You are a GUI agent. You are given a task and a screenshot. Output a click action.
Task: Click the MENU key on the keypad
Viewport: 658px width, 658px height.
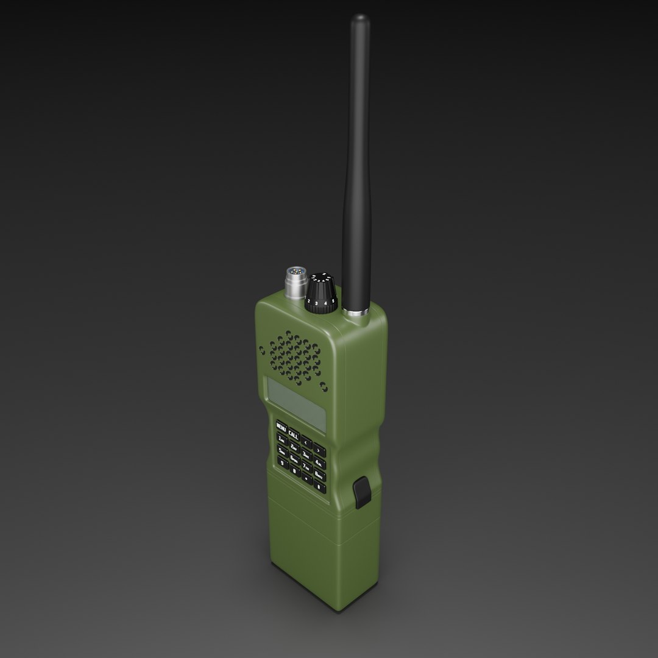coord(281,427)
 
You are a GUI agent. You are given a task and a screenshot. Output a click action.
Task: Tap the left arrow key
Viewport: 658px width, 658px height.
coord(306,442)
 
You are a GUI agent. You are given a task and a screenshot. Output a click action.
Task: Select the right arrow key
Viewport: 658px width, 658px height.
coord(319,451)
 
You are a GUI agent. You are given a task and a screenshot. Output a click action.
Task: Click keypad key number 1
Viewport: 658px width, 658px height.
coord(281,439)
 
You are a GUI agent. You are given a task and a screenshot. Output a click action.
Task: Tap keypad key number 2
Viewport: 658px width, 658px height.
coord(294,447)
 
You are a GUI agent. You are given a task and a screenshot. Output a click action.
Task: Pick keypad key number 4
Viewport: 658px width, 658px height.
coord(319,463)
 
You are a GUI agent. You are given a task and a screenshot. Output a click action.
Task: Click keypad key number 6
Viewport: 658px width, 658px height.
coord(294,459)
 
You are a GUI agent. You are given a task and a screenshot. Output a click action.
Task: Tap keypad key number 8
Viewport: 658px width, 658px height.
coord(319,475)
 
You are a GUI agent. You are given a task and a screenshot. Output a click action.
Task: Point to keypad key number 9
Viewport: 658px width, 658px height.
coord(282,462)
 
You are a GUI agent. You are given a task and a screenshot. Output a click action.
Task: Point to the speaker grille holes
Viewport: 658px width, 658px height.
coord(295,359)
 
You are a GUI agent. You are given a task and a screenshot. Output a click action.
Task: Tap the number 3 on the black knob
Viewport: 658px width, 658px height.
coord(317,302)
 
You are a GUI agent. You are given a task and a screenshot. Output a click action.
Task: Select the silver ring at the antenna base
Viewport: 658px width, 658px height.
coord(355,313)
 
